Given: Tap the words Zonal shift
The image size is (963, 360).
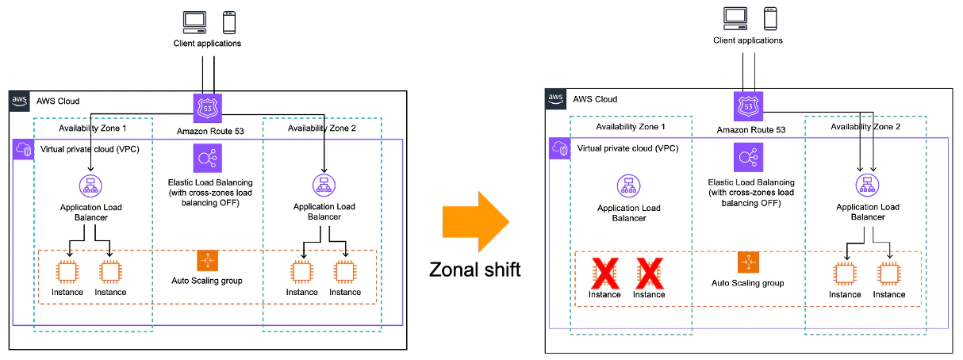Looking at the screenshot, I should (x=475, y=270).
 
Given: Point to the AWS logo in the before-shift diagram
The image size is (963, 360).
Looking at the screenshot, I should (x=21, y=101).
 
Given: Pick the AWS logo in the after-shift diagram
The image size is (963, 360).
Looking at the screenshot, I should (x=557, y=99).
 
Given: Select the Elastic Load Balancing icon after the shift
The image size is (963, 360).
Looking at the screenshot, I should (x=747, y=157).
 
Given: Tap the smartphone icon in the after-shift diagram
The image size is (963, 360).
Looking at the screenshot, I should (x=769, y=17).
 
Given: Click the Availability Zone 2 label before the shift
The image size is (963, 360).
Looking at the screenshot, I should (x=321, y=128).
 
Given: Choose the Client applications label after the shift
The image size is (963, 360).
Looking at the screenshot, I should (x=747, y=40).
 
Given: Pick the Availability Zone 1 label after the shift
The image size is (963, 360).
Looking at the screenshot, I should (x=630, y=127).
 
